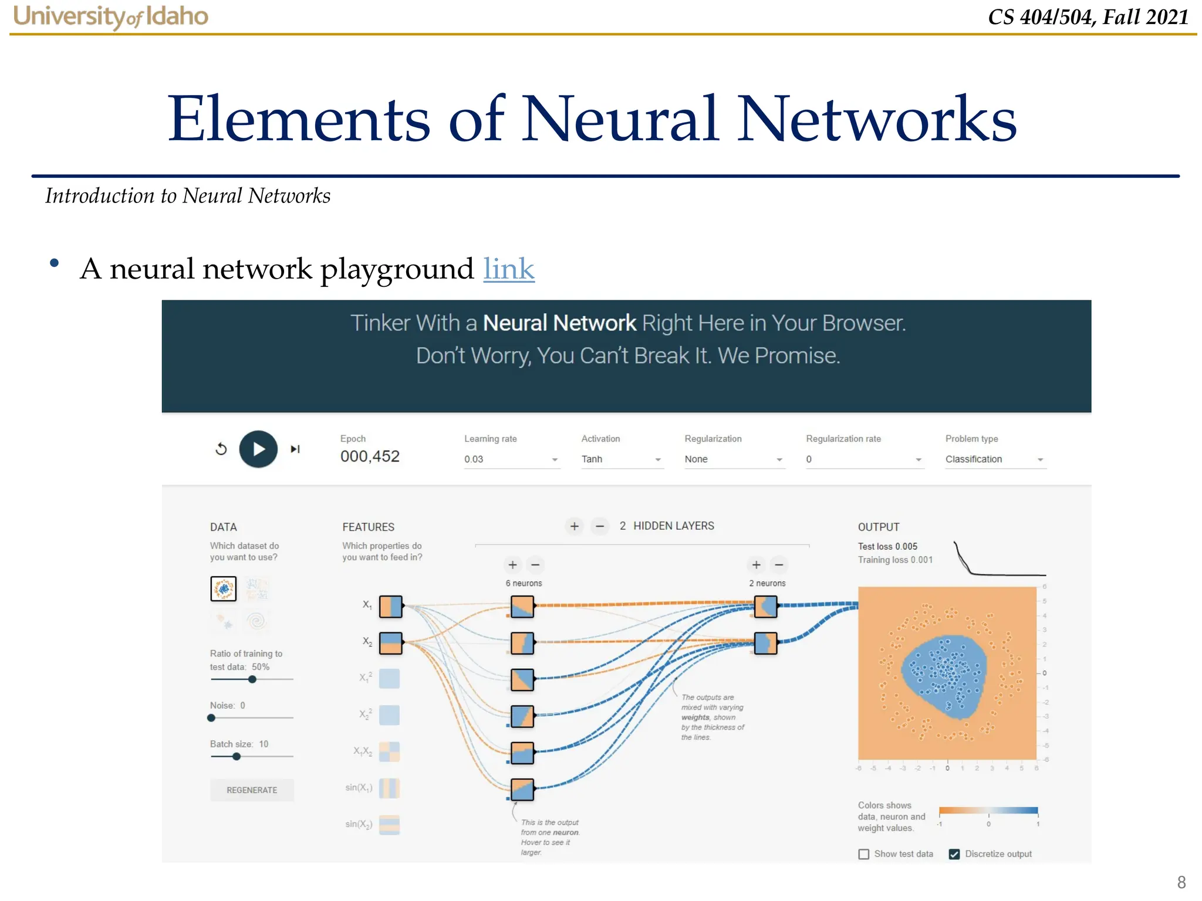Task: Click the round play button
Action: [258, 449]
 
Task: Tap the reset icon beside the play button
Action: [221, 449]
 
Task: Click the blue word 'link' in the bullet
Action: [509, 269]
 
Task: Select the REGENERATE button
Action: [252, 790]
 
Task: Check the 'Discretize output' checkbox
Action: [954, 854]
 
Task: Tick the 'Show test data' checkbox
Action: [864, 854]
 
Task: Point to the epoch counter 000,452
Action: [370, 456]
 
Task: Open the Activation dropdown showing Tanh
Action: [621, 459]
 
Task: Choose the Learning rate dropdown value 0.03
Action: [511, 459]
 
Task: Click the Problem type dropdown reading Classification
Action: [995, 459]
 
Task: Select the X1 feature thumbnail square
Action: [390, 607]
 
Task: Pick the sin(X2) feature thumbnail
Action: [390, 825]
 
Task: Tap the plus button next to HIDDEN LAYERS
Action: [575, 526]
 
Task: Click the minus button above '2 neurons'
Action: [779, 565]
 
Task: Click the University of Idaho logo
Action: [111, 16]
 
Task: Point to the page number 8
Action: [1181, 882]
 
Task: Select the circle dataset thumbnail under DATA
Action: [224, 588]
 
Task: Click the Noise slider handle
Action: [211, 718]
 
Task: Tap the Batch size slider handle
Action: [237, 757]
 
